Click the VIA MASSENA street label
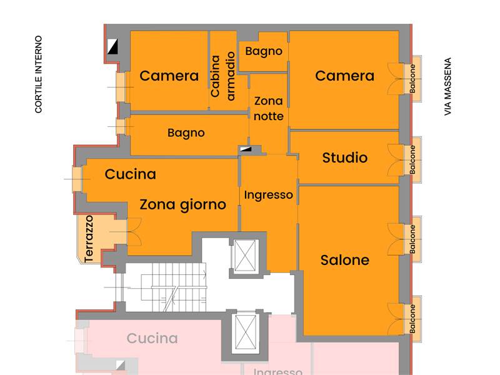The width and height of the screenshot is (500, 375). [447, 87]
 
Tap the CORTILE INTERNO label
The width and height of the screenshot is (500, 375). [39, 74]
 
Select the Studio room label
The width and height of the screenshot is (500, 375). [344, 157]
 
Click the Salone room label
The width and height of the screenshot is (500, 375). [344, 260]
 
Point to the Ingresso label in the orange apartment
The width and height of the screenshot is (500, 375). [268, 195]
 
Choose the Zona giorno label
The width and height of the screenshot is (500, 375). [182, 204]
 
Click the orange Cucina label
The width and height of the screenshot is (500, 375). [130, 174]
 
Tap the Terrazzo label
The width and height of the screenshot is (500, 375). [89, 238]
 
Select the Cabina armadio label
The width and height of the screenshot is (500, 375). [223, 77]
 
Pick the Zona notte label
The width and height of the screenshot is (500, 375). [269, 108]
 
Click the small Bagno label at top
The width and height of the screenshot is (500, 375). [263, 51]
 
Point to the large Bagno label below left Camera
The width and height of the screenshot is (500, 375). [186, 133]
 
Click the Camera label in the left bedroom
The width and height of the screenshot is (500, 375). [169, 76]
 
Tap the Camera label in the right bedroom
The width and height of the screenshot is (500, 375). [344, 76]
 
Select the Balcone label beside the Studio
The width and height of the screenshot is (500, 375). [412, 159]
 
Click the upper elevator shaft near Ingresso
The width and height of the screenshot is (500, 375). [245, 256]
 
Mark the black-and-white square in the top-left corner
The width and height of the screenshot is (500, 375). [113, 46]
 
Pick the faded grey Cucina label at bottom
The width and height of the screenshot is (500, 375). [152, 339]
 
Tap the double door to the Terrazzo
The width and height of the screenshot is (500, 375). [133, 231]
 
